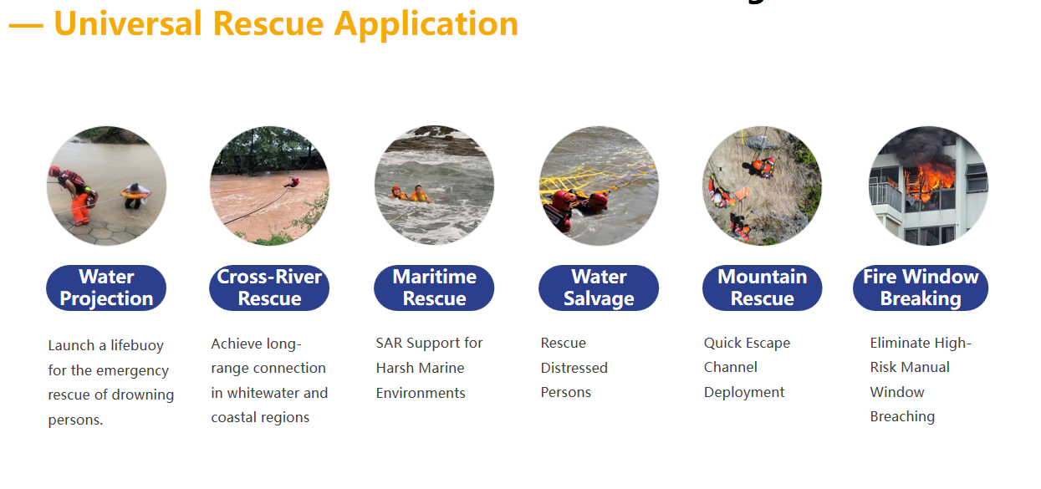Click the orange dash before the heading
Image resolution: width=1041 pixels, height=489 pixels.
[26, 26]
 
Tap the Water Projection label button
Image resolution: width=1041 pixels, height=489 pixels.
[106, 288]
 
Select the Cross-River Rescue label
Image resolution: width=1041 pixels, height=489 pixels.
[269, 288]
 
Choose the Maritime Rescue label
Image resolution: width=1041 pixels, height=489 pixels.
[434, 288]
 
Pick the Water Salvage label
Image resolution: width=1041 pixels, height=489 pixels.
[599, 288]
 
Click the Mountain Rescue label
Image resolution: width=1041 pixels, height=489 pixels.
[763, 288]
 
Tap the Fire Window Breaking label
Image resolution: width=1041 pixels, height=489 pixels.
[921, 288]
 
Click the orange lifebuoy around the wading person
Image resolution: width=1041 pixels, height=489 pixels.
[134, 194]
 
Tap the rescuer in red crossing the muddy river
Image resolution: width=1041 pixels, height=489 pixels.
[293, 182]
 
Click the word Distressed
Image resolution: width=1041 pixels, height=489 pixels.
[574, 368]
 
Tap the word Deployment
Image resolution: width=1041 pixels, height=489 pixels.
[744, 392]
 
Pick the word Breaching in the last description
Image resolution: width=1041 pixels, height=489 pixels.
[902, 417]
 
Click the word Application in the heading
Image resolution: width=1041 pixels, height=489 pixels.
[426, 24]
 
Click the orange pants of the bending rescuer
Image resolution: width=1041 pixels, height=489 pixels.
[81, 208]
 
